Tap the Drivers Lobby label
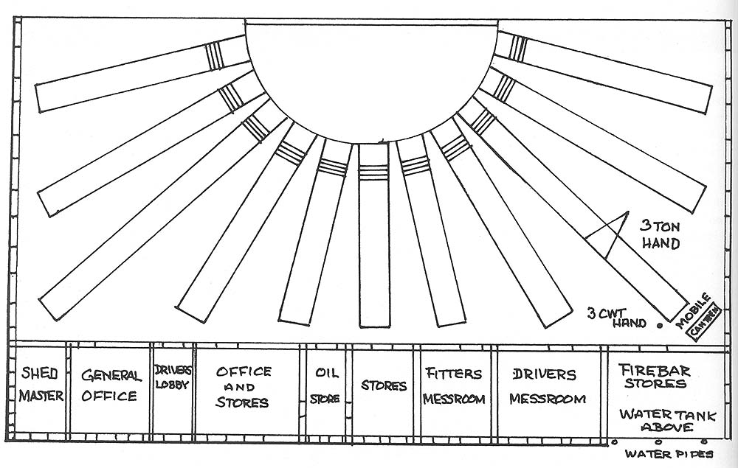[173, 377]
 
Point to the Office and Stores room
[244, 387]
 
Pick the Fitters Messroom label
[455, 386]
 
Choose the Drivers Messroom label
[548, 386]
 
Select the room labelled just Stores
[384, 385]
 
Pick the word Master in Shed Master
[41, 396]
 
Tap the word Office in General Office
[110, 396]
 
